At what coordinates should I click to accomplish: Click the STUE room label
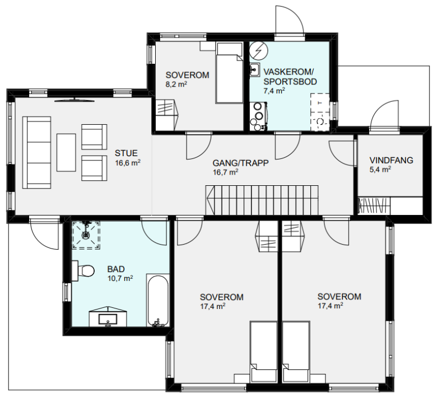pyautogui.click(x=126, y=153)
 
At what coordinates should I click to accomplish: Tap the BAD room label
pyautogui.click(x=116, y=269)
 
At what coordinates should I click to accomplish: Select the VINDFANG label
pyautogui.click(x=391, y=160)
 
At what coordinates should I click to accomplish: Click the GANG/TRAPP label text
pyautogui.click(x=240, y=163)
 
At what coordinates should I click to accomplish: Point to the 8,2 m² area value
pyautogui.click(x=176, y=85)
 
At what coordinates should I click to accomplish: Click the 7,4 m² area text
pyautogui.click(x=274, y=91)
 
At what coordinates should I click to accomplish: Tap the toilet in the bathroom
pyautogui.click(x=83, y=271)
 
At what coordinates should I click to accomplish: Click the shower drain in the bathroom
pyautogui.click(x=86, y=235)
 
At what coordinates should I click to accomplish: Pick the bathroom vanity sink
pyautogui.click(x=108, y=319)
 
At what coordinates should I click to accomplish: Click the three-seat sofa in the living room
pyautogui.click(x=37, y=153)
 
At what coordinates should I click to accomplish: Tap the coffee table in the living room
pyautogui.click(x=66, y=152)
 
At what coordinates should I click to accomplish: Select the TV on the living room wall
pyautogui.click(x=74, y=100)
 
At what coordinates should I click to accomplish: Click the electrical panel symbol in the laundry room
pyautogui.click(x=259, y=51)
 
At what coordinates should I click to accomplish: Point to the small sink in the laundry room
pyautogui.click(x=255, y=69)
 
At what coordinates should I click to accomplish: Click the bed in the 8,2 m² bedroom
pyautogui.click(x=229, y=73)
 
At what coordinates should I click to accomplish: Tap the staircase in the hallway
pyautogui.click(x=262, y=200)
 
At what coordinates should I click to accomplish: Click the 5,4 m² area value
pyautogui.click(x=380, y=170)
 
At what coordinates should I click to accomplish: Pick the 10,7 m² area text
pyautogui.click(x=120, y=278)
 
